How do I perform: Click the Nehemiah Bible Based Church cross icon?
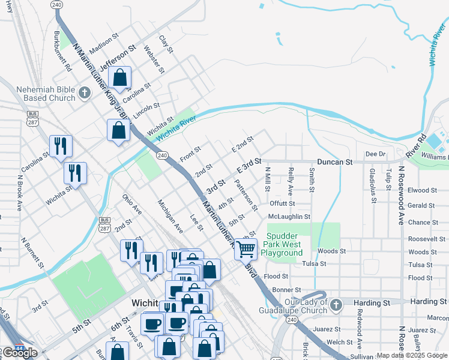[x=85, y=92]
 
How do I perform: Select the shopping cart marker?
[x=246, y=248]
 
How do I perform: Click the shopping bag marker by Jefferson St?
[x=120, y=77]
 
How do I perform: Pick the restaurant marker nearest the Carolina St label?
[x=61, y=146]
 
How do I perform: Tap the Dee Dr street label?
[x=375, y=154]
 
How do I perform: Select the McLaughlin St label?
[x=289, y=217]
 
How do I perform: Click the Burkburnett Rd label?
[x=62, y=52]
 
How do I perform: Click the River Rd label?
[x=415, y=145]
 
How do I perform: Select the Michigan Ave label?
[x=170, y=216]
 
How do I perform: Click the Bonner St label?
[x=282, y=290]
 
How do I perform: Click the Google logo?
[x=20, y=353]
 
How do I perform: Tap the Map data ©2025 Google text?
[x=412, y=355]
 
